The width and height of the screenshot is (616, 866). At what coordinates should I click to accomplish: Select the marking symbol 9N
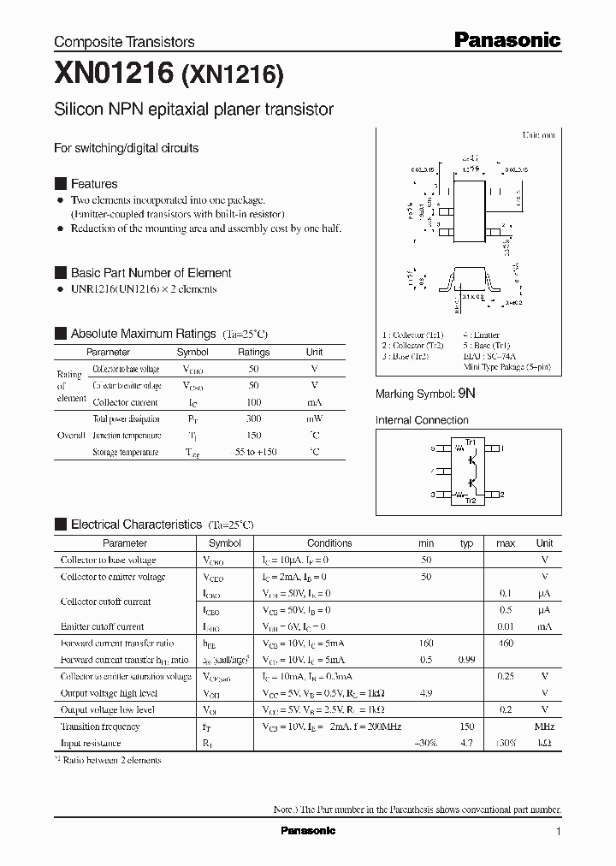pos(465,394)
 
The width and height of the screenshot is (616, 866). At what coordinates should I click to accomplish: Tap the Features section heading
pos(94,184)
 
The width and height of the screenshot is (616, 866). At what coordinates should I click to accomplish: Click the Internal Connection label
pos(422,420)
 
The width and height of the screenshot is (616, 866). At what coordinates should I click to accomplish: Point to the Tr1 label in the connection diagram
pos(470,441)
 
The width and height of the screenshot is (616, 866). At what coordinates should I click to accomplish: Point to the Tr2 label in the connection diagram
pos(470,501)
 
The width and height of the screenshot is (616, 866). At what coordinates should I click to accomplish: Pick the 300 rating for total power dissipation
pos(253,419)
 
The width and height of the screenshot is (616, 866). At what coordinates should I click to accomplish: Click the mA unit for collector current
pos(314,402)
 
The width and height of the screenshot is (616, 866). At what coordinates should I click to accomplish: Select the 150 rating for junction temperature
pos(253,436)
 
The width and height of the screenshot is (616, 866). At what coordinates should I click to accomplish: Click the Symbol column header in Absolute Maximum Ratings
pos(192,352)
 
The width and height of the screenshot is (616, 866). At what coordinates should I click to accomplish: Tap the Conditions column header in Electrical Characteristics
pos(329,543)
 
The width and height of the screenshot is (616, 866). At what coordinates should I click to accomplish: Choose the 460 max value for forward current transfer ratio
pos(505,644)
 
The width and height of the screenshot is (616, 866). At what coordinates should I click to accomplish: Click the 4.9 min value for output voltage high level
pos(425,693)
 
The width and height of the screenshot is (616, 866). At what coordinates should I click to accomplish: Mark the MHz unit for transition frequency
pos(544,727)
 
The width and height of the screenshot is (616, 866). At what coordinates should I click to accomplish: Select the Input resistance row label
pos(91,744)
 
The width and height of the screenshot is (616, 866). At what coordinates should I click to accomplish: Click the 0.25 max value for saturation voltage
pos(505,677)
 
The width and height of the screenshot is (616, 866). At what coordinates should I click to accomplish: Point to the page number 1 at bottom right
pos(558,832)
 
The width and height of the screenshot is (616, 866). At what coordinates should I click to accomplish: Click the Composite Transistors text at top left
pos(124,42)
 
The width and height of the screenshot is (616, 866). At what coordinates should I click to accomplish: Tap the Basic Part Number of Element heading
pos(151,273)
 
